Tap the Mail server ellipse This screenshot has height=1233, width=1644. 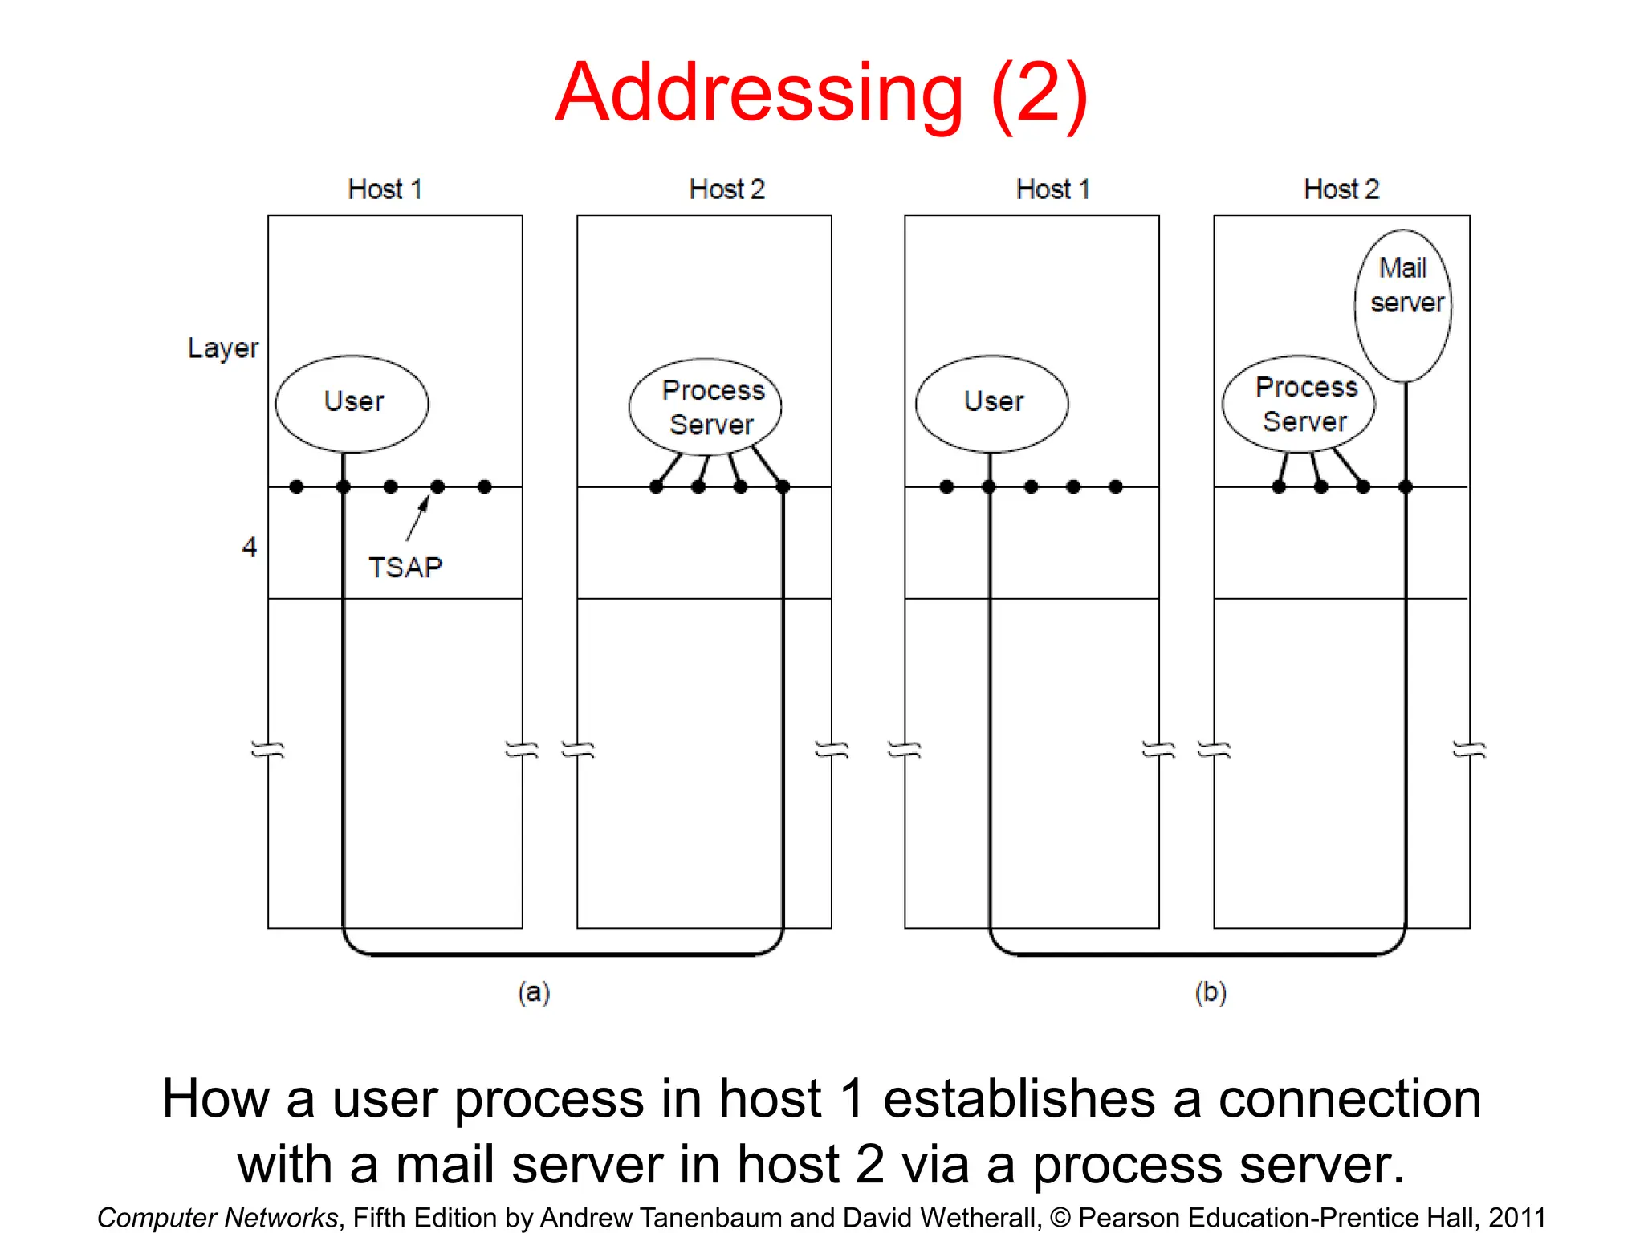click(x=1403, y=305)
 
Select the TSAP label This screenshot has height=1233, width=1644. click(x=405, y=568)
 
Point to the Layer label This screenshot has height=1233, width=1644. click(x=222, y=348)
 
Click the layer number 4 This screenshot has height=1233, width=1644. click(x=249, y=547)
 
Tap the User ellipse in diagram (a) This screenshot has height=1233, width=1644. click(x=352, y=403)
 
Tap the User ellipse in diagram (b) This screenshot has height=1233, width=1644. click(x=992, y=403)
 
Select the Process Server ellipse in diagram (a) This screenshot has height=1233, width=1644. click(x=705, y=407)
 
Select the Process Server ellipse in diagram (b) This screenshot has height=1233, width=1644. click(x=1299, y=404)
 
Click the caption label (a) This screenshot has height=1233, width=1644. click(x=534, y=993)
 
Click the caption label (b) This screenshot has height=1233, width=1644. click(x=1211, y=993)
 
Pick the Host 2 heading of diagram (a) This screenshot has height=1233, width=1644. click(x=726, y=189)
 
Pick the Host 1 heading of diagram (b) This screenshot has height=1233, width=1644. click(x=1052, y=189)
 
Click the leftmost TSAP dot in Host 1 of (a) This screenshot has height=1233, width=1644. click(x=296, y=486)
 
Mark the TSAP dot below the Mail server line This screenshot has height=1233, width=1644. click(x=1405, y=486)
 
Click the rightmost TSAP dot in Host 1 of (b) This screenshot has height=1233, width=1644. click(x=1115, y=486)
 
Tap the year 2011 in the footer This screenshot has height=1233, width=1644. click(x=1516, y=1217)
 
